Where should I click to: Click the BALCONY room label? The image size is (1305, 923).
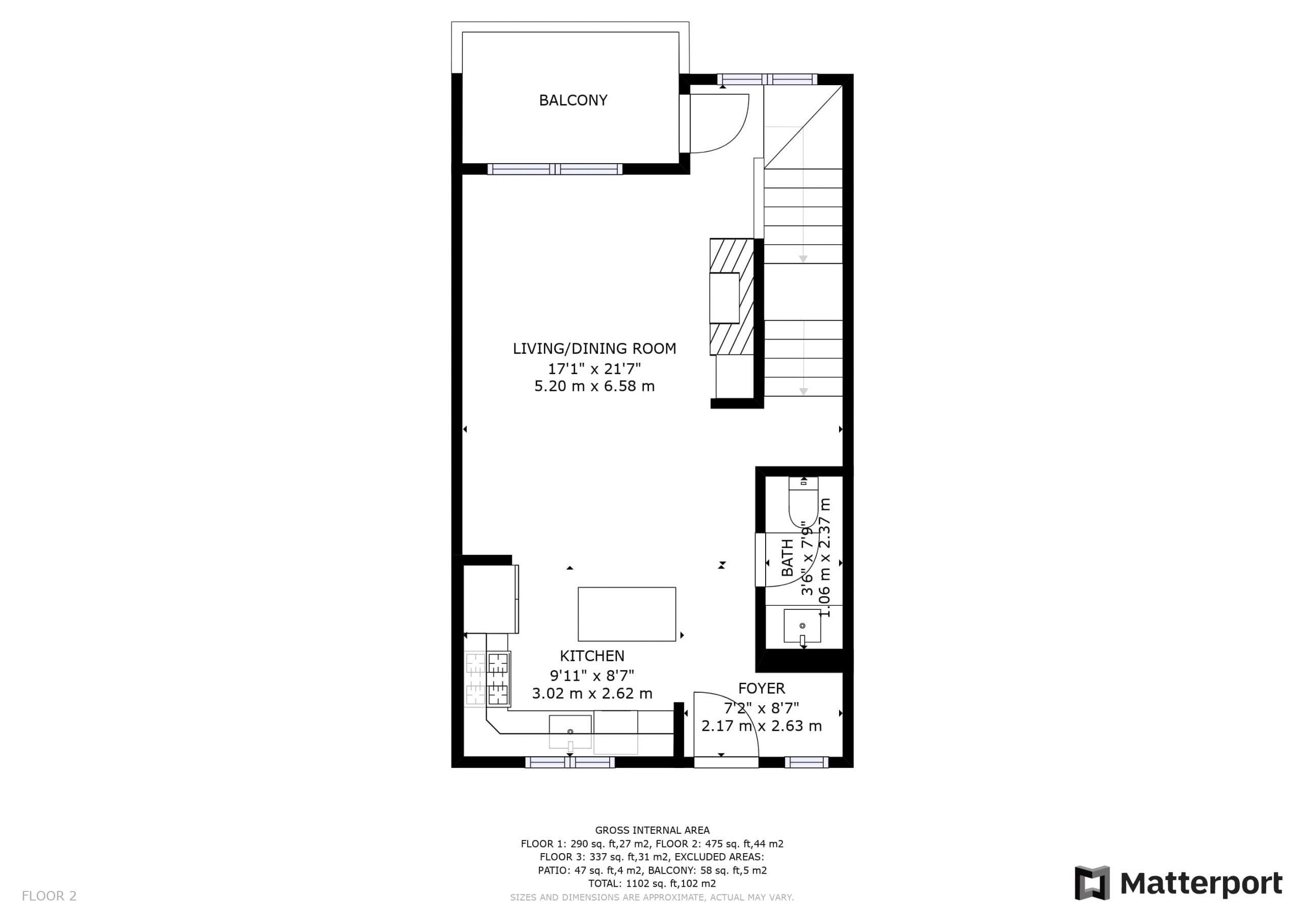573,100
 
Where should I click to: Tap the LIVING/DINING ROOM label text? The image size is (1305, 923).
594,349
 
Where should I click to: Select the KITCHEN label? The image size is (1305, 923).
592,656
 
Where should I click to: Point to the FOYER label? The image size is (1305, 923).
762,689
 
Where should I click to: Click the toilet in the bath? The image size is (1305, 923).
803,502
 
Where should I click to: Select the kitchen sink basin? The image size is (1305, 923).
570,732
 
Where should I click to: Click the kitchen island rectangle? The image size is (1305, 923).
627,614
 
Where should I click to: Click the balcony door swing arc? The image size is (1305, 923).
733,137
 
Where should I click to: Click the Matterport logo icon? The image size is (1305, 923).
1092,883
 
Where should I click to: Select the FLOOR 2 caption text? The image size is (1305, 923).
49,896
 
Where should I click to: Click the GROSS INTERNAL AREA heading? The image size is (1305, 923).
652,830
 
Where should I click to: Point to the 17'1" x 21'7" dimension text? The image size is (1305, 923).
594,369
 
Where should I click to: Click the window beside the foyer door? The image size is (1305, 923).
806,762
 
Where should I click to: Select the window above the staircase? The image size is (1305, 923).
767,80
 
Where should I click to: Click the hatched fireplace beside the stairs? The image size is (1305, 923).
732,297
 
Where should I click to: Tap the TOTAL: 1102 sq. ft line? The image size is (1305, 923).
652,884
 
